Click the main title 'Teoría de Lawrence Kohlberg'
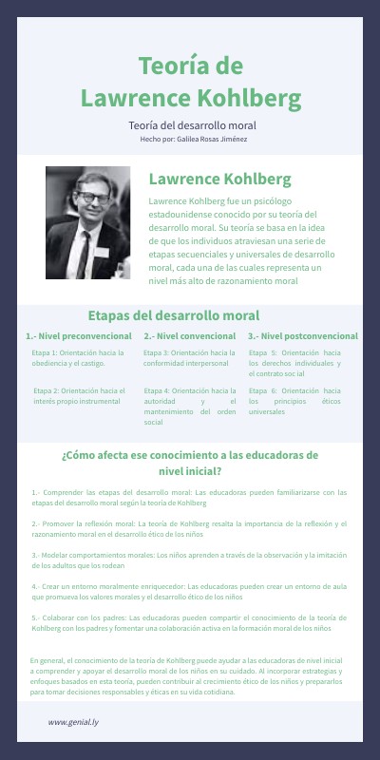click(191, 82)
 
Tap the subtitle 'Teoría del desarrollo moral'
click(193, 124)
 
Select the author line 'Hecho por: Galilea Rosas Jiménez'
click(193, 139)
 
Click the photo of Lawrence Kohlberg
click(88, 223)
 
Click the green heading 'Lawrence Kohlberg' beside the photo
click(219, 179)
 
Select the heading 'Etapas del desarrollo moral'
click(173, 315)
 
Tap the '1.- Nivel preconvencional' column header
click(79, 336)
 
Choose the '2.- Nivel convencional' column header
click(190, 336)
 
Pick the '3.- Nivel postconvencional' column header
click(303, 336)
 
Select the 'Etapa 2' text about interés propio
click(79, 394)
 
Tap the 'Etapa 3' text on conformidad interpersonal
click(190, 358)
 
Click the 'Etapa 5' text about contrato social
click(294, 363)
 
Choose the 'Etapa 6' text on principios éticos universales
click(294, 401)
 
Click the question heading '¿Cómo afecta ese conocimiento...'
click(190, 462)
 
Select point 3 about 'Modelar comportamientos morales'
click(189, 557)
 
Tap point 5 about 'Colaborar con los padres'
click(189, 623)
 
